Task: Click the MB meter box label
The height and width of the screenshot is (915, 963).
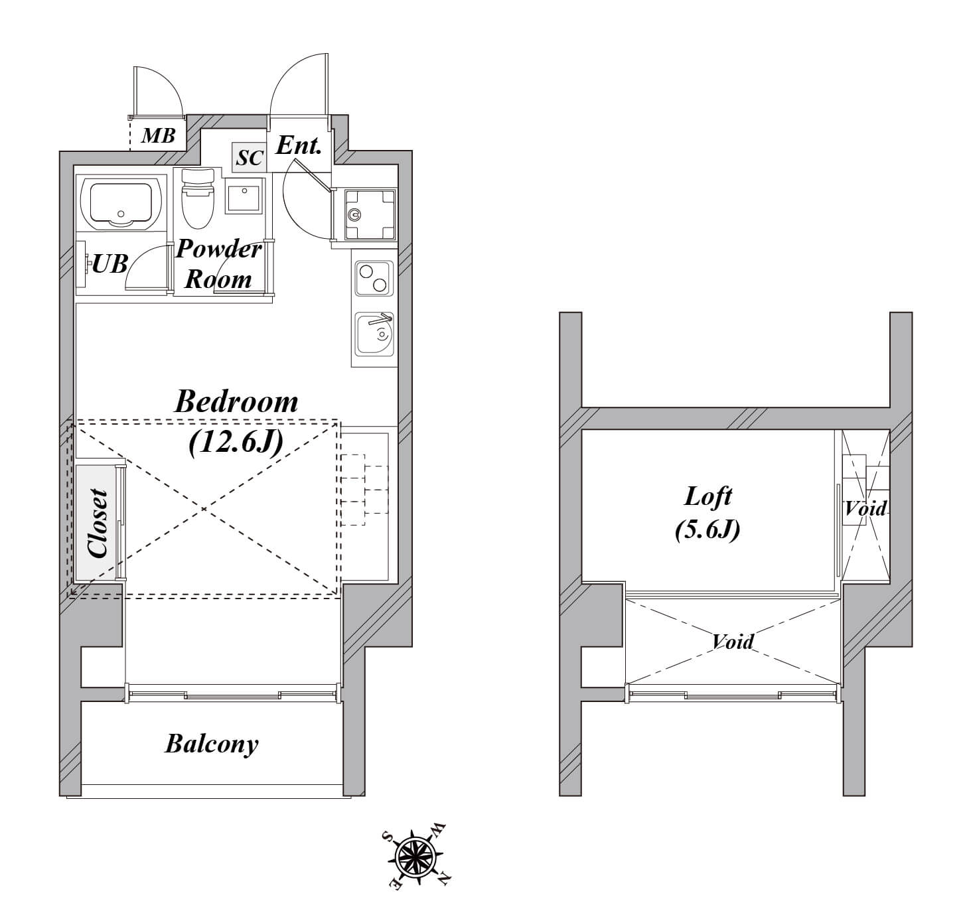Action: tap(158, 135)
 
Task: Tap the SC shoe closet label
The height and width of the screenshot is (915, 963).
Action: tap(250, 158)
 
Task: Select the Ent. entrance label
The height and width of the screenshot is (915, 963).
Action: tap(298, 145)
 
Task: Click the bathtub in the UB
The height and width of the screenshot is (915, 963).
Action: tap(121, 203)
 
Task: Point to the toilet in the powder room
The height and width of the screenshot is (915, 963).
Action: tap(197, 198)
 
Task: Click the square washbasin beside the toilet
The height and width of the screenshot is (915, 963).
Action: tap(244, 196)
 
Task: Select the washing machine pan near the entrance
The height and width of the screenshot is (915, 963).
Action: tap(370, 215)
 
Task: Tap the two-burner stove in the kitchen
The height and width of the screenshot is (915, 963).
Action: tap(374, 278)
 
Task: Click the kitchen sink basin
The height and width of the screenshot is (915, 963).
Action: tap(374, 334)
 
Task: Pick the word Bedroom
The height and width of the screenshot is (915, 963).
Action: tap(236, 402)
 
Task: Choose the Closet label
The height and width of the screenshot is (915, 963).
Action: tap(98, 523)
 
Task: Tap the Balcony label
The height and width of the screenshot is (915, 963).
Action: tap(212, 744)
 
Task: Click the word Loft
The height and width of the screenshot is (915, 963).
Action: tap(707, 496)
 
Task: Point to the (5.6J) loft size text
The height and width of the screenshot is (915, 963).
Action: tap(707, 529)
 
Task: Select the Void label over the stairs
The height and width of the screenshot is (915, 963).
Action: tap(865, 508)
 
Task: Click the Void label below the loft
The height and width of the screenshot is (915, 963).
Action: tap(733, 642)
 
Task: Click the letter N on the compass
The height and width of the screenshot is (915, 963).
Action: tap(443, 879)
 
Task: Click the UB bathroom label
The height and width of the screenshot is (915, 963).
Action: tap(110, 263)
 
